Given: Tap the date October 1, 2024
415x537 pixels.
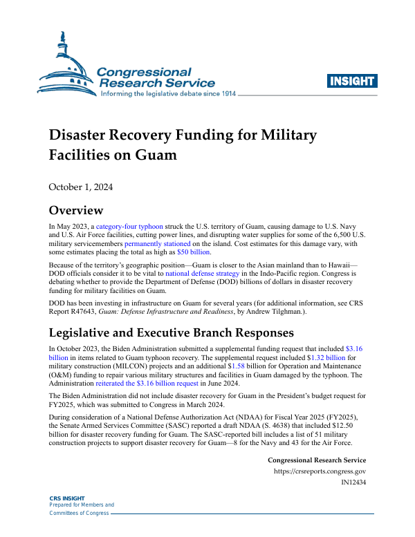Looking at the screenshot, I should [80, 187].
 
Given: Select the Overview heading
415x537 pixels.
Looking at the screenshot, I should [75, 211].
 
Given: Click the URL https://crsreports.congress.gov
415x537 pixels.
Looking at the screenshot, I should [320, 471].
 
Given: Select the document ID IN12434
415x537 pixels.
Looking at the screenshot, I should [353, 482].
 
